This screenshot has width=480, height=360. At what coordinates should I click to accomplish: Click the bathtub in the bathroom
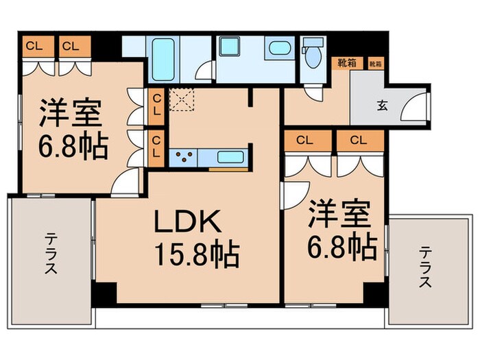tap(163, 60)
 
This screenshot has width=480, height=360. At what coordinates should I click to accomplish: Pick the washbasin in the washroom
tap(277, 49)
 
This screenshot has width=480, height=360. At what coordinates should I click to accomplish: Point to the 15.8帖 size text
tap(194, 256)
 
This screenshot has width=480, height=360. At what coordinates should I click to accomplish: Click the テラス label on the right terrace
tap(425, 267)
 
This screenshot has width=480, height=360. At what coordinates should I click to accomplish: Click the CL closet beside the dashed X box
tap(157, 104)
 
